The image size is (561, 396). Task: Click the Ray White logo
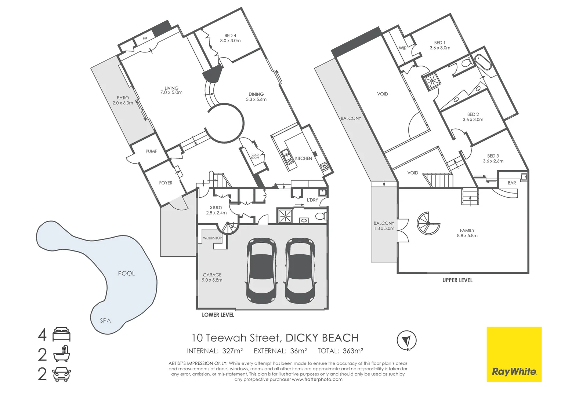pyautogui.click(x=514, y=354)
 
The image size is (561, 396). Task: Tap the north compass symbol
pyautogui.click(x=406, y=341)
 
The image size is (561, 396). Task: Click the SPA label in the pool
pyautogui.click(x=105, y=320)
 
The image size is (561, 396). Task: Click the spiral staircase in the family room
pyautogui.click(x=428, y=223)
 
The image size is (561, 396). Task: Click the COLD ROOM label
pyautogui.click(x=255, y=156)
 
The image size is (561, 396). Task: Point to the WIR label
pyautogui.click(x=402, y=48)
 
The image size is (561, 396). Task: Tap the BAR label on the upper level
pyautogui.click(x=512, y=183)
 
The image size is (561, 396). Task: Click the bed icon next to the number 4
pyautogui.click(x=61, y=334)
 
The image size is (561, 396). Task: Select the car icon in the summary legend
pyautogui.click(x=61, y=374)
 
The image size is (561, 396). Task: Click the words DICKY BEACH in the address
pyautogui.click(x=322, y=338)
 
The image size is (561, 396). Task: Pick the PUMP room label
pyautogui.click(x=151, y=151)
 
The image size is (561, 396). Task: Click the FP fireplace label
pyautogui.click(x=145, y=39)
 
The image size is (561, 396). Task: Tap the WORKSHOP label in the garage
pyautogui.click(x=212, y=238)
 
